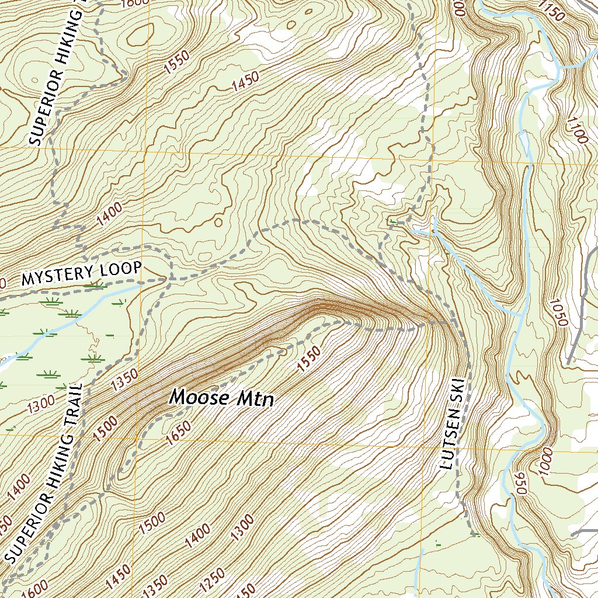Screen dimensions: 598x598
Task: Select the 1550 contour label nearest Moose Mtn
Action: [x=309, y=359]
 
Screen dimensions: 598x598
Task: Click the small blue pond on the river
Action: [x=524, y=141]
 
